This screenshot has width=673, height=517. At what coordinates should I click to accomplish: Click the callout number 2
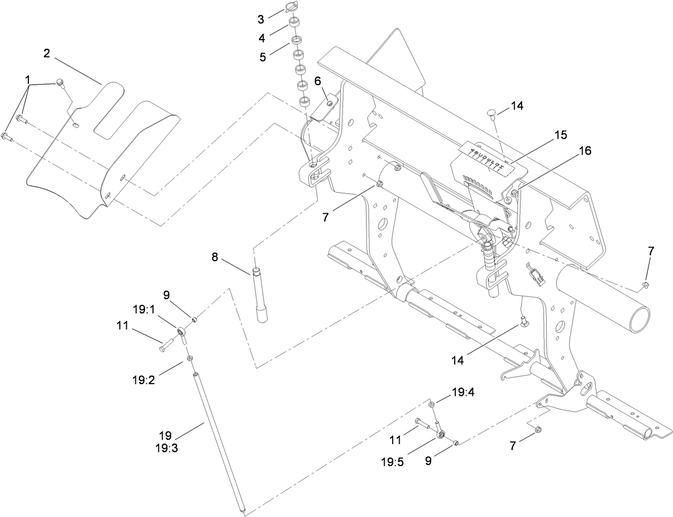click(x=47, y=53)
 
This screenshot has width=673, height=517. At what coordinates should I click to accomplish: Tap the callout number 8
click(x=215, y=257)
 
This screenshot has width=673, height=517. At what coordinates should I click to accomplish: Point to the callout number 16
click(x=585, y=151)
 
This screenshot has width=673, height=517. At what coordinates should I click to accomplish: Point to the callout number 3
click(x=261, y=20)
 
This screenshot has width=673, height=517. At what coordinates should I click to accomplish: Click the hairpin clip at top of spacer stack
click(x=290, y=7)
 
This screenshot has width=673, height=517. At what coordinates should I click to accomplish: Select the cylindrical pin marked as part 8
click(x=261, y=295)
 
